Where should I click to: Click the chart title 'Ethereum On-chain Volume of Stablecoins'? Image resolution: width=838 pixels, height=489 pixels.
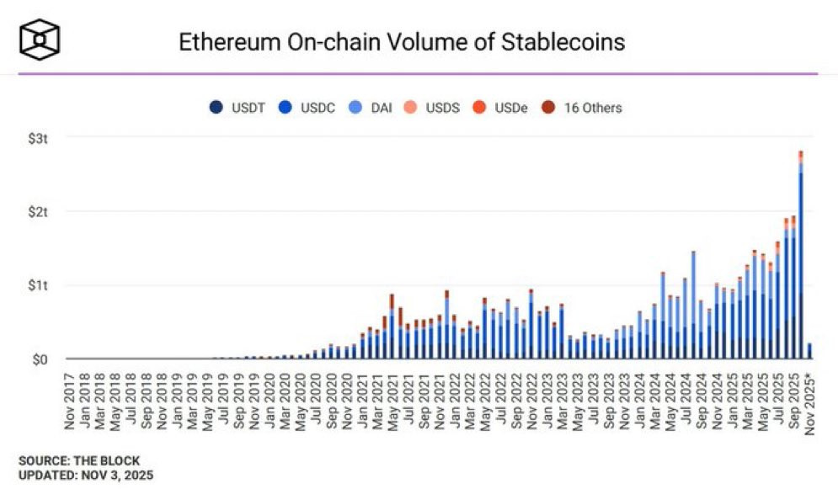coord(402,42)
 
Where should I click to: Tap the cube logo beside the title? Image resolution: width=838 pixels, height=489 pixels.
coord(40,40)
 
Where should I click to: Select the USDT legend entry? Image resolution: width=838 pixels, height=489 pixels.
coord(237,108)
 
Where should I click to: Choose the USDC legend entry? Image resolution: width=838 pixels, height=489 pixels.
coord(307,108)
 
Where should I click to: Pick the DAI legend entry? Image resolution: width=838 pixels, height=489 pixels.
coord(371,108)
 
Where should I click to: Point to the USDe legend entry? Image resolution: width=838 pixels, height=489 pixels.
coord(500,108)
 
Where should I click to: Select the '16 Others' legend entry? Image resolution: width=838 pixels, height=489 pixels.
coord(582,108)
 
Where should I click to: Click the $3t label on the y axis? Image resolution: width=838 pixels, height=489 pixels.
coord(38,139)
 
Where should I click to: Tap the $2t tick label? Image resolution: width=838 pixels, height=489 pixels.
coord(38,212)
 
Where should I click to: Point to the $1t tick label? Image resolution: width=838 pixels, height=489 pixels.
coord(38,285)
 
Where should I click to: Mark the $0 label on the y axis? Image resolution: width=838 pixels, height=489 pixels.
coord(40,359)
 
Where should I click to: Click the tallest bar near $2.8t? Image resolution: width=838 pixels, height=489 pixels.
coord(801,255)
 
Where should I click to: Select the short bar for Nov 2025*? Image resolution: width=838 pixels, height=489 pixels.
coord(809,351)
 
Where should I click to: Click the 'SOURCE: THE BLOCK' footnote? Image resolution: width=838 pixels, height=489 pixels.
coord(79,460)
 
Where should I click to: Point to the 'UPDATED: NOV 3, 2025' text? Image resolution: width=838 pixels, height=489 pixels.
coord(86,476)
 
